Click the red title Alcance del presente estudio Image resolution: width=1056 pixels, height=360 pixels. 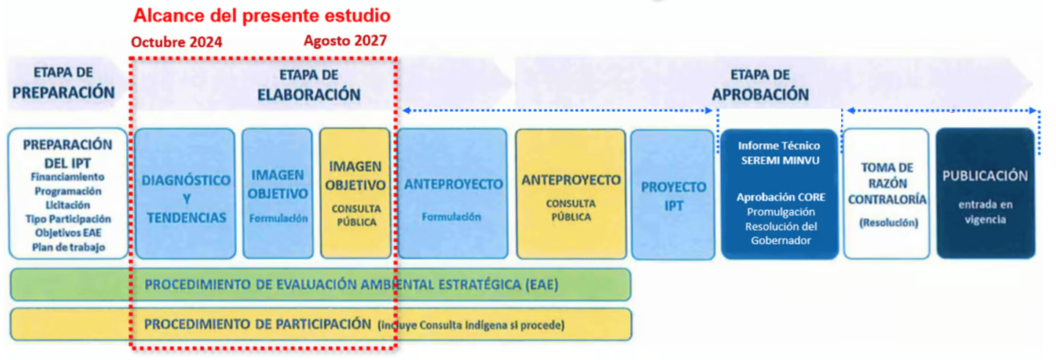tap(262, 15)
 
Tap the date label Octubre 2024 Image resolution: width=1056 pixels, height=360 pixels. tap(176, 42)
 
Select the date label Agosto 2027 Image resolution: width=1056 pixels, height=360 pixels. tap(345, 40)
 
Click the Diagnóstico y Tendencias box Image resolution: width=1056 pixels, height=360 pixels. tap(186, 194)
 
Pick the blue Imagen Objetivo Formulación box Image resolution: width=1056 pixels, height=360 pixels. tap(278, 194)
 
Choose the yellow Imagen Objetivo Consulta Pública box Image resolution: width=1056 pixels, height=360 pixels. tap(356, 194)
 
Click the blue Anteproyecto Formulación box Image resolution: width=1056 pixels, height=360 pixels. tap(452, 194)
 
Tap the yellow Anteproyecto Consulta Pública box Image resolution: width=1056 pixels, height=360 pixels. tap(571, 194)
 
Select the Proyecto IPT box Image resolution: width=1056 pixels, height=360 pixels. tap(673, 194)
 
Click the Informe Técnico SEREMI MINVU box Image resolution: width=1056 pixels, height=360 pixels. tap(780, 194)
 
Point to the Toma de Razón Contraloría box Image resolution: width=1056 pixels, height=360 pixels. tap(887, 194)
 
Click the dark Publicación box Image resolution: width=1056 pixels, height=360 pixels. tap(986, 193)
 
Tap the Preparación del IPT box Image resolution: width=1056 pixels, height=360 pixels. tap(68, 194)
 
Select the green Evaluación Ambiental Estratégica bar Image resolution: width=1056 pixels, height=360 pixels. tap(320, 284)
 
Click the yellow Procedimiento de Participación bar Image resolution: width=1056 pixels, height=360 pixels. tap(320, 324)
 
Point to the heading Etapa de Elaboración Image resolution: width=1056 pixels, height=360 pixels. tap(309, 85)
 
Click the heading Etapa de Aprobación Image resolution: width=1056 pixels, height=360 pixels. tap(760, 85)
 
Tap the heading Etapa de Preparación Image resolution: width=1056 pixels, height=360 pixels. tap(64, 83)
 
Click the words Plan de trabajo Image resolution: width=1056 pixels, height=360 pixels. tap(68, 247)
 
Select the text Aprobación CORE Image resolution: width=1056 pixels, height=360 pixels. tap(781, 197)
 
